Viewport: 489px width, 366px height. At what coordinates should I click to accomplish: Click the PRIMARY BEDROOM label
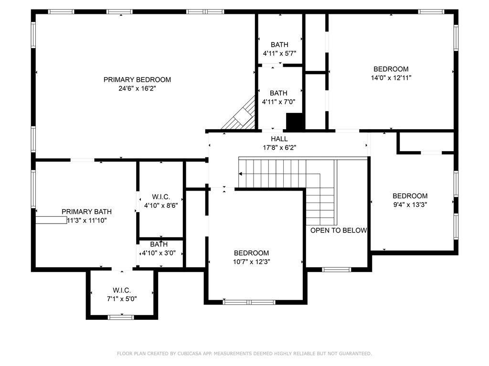(137, 80)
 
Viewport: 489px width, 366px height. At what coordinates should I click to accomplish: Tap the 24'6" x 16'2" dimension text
(137, 88)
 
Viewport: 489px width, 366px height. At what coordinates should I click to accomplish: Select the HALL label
(279, 139)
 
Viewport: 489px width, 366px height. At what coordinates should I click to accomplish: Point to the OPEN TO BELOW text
(339, 230)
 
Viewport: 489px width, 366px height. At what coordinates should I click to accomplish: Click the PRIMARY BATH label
(86, 212)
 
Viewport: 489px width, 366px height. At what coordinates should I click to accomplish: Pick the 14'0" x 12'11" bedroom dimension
(391, 78)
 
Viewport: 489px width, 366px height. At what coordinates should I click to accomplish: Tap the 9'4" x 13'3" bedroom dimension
(410, 204)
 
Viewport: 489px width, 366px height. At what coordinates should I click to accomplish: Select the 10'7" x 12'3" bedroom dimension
(251, 262)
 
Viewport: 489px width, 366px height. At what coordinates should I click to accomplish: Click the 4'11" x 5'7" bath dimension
(279, 53)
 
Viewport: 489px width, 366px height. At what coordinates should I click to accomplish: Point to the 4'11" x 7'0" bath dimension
(278, 102)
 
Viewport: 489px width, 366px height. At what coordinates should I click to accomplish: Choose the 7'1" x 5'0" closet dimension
(122, 299)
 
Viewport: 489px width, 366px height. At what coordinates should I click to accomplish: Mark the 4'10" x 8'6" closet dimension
(161, 205)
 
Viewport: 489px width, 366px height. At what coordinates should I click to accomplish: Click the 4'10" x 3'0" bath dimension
(159, 253)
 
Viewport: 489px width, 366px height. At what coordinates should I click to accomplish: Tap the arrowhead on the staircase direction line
(241, 174)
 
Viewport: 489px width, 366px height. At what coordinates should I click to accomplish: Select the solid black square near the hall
(295, 122)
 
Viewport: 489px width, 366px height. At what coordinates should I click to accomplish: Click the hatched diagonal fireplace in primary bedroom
(240, 113)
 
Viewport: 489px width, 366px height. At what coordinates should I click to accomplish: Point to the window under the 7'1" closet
(121, 317)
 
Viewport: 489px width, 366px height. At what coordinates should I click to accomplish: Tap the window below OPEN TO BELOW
(337, 270)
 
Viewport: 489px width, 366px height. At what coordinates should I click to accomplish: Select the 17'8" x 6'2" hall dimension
(279, 148)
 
